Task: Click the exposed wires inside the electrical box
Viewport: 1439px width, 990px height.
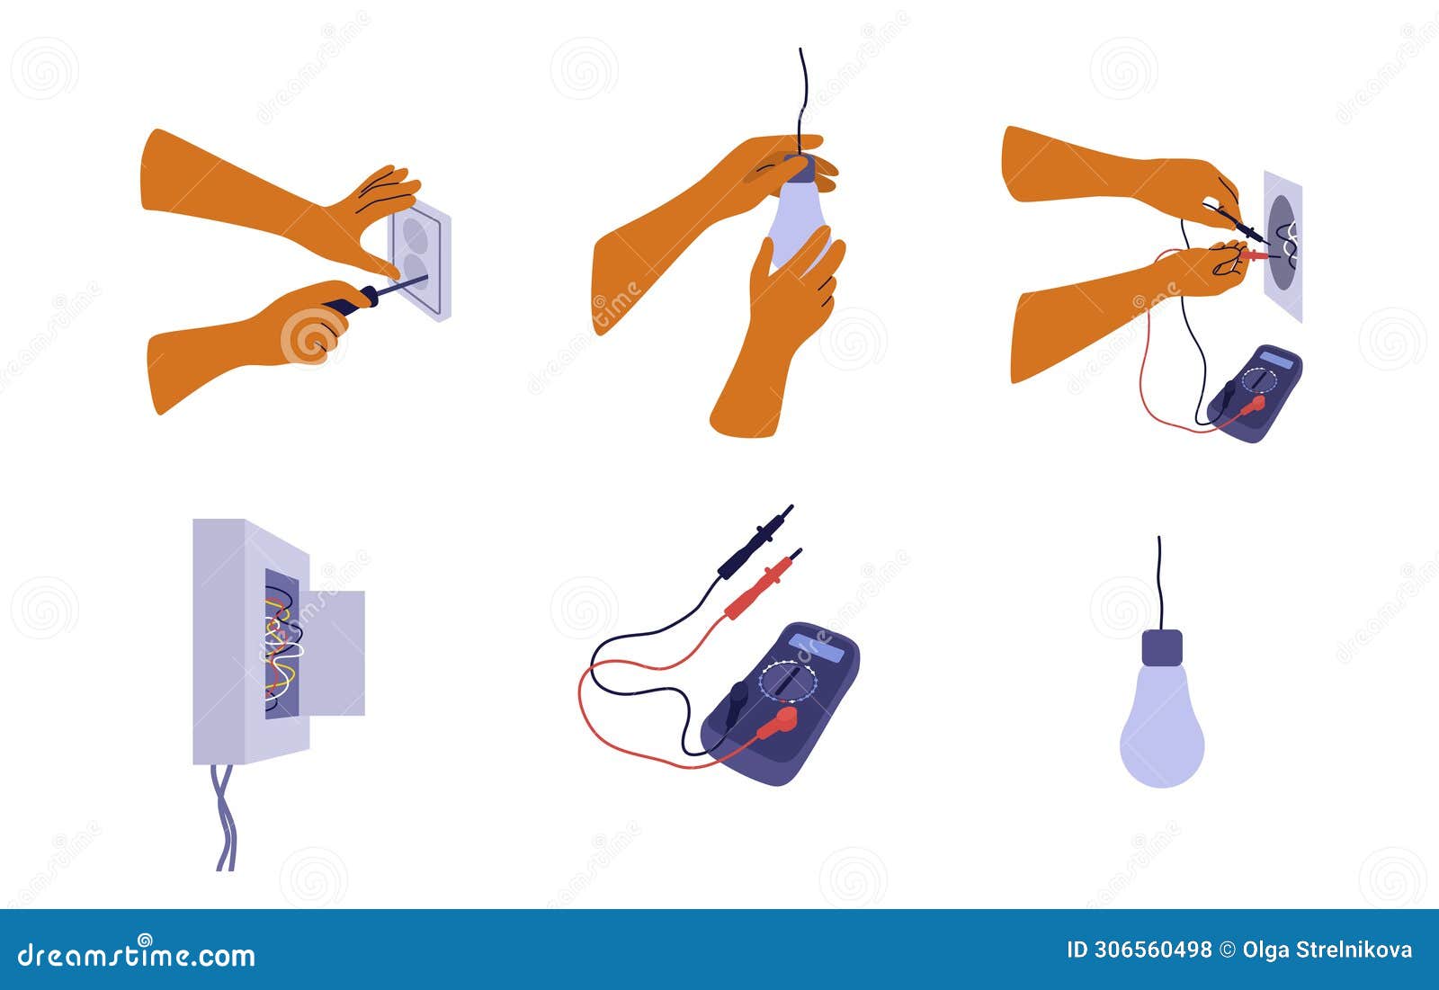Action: point(282,643)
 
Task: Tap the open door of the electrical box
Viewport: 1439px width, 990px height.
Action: point(336,652)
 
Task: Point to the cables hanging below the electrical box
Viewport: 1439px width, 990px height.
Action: point(225,818)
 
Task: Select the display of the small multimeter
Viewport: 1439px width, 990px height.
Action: point(1278,360)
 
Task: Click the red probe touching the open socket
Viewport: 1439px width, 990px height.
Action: point(1254,256)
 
